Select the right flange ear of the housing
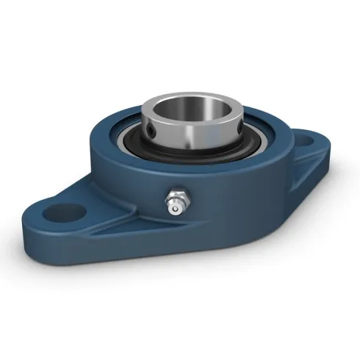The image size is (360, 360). [305, 147]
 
